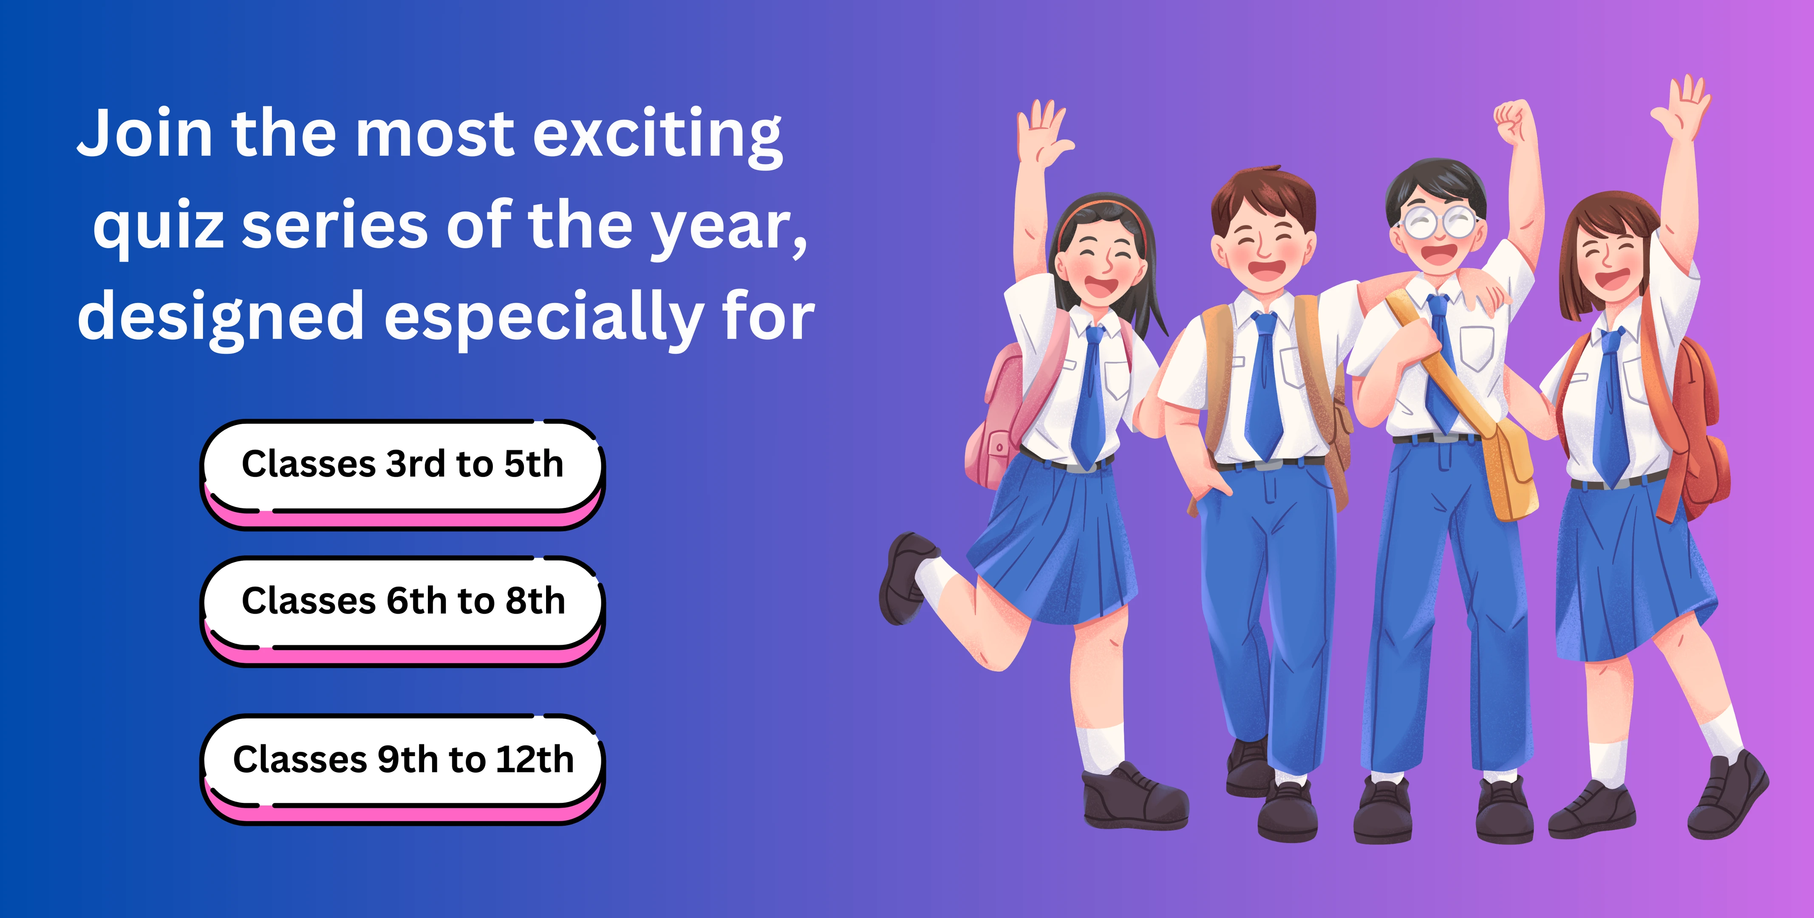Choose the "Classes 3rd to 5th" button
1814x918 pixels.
click(x=402, y=474)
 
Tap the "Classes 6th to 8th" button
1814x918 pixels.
click(x=402, y=611)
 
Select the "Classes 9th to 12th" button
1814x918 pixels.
click(x=402, y=769)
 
